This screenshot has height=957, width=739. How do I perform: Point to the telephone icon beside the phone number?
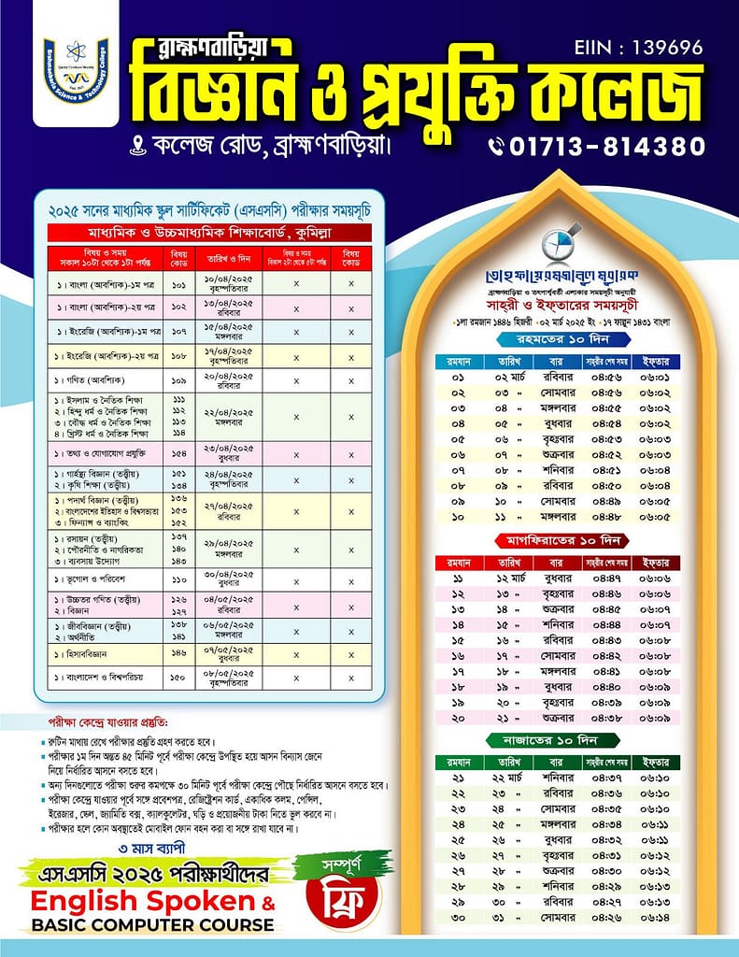[496, 147]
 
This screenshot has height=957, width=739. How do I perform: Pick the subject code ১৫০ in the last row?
[179, 676]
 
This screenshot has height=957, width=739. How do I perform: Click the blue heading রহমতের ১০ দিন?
[558, 339]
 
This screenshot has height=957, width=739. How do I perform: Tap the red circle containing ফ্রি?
[339, 903]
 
